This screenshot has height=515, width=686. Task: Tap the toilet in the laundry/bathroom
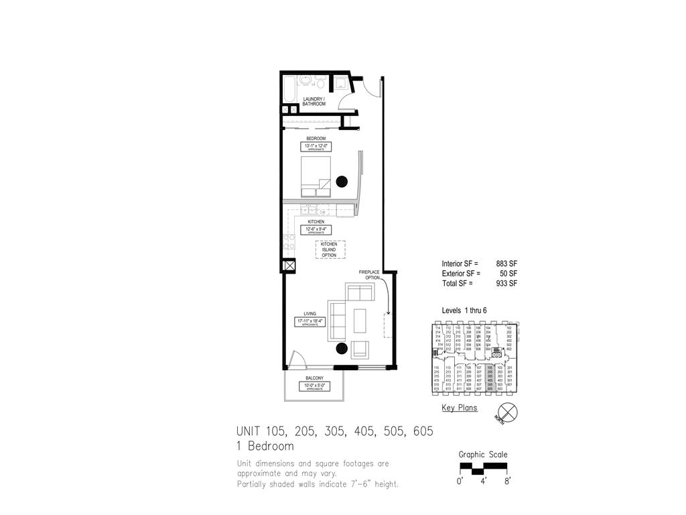[320, 84]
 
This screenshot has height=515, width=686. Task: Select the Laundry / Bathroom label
[314, 102]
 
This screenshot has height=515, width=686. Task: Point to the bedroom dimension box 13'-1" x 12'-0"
[316, 146]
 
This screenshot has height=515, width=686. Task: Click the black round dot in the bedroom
[342, 181]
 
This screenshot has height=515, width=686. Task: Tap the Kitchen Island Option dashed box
[329, 250]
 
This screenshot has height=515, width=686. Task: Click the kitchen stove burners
[290, 243]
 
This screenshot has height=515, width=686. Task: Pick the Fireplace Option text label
[369, 275]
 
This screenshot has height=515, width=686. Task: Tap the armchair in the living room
[360, 349]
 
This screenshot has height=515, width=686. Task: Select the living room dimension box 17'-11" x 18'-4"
[310, 322]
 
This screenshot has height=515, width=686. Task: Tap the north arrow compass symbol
[507, 412]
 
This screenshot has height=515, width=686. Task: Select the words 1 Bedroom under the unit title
[265, 446]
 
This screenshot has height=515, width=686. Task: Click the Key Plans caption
[459, 408]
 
